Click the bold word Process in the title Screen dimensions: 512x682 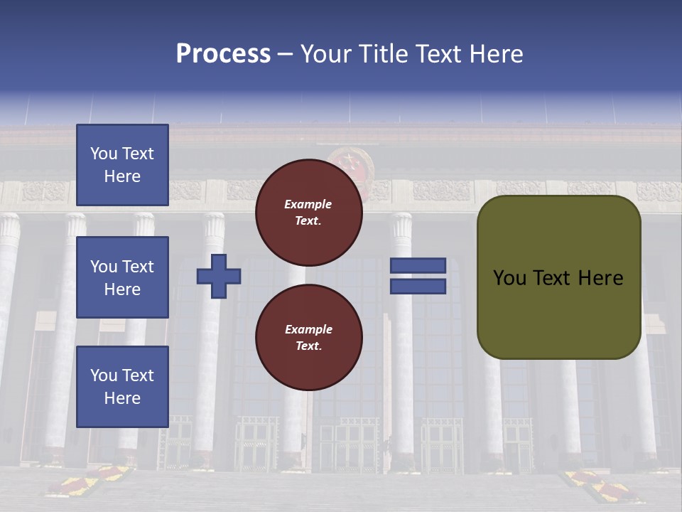(223, 54)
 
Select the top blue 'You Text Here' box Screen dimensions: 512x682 (122, 165)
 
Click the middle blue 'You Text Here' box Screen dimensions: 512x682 (122, 277)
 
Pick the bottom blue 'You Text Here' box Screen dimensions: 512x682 (122, 387)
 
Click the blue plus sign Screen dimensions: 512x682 (219, 276)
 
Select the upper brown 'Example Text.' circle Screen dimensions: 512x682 (309, 213)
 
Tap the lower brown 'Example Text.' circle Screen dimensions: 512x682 (309, 338)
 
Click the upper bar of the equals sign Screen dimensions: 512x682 (418, 265)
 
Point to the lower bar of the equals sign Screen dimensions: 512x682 (418, 286)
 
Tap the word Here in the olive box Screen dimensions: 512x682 (600, 278)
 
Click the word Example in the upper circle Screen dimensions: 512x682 (308, 204)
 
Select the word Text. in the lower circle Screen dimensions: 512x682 (308, 346)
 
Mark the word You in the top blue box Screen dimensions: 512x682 (104, 154)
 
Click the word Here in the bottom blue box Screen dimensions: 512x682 (122, 398)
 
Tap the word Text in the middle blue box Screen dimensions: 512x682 (137, 267)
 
